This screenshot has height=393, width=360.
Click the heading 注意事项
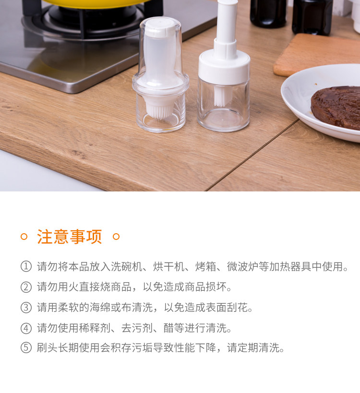pos(70,237)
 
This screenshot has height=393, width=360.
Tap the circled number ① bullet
pos(26,266)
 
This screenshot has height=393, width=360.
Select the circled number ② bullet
pos(26,287)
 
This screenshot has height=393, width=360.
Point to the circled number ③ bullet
pos(26,308)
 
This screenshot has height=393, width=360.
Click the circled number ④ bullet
pos(26,328)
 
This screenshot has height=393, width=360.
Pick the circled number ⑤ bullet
pos(26,348)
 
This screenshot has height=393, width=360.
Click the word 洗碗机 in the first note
pos(127,266)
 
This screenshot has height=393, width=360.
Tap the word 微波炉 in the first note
pos(242,266)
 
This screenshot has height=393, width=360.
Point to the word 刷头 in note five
pos(48,348)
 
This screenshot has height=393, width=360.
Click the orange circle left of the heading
pos(24,237)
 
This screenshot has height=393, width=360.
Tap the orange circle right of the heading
pos(116,237)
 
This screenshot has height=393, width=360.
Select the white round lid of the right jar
pos(224,68)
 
